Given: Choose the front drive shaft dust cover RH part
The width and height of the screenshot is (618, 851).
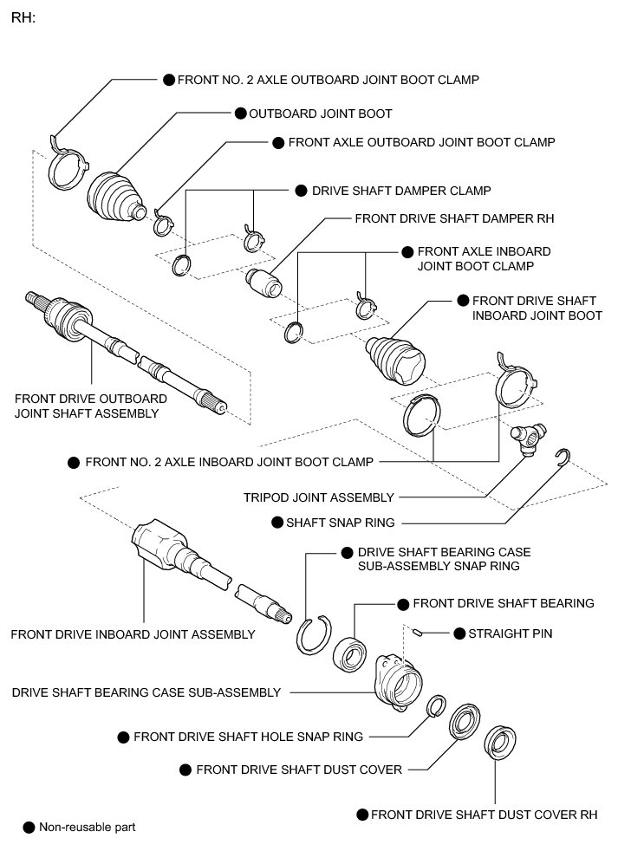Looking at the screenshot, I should point(498,743).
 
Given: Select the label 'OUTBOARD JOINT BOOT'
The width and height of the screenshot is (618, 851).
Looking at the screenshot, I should point(320,114).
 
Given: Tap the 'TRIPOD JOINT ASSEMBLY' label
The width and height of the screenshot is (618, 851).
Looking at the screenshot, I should point(319,497).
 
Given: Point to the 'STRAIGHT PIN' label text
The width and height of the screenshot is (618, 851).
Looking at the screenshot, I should point(511,633).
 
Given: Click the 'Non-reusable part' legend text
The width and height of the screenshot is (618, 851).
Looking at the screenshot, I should point(87,827).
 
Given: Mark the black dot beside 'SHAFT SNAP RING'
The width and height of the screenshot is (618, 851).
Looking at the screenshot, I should point(277,522).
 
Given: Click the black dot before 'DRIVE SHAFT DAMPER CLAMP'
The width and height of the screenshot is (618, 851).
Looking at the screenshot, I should point(301,190).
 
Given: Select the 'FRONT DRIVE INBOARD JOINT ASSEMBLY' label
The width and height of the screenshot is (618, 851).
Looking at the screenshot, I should point(133,634).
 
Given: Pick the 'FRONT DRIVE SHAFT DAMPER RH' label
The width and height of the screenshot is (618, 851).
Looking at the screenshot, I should point(454,219).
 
